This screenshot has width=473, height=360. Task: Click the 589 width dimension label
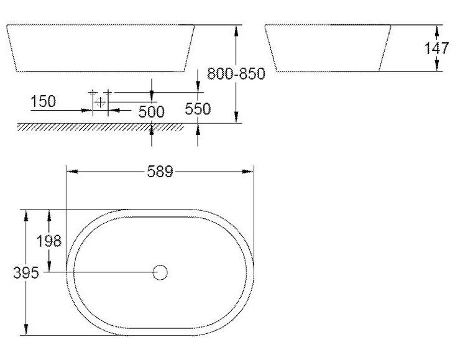coord(160,172)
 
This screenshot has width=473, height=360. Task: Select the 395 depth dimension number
coord(27,272)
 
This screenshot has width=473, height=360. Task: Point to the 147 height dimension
coord(437,48)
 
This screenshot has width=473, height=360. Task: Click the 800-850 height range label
coord(236,74)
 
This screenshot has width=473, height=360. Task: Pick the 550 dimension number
coord(198,109)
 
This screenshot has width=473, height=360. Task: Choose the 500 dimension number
coord(152,112)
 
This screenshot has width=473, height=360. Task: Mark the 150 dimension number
coord(43,101)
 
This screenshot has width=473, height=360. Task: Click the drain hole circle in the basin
coord(160,272)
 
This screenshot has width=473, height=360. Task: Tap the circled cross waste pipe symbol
coord(101,102)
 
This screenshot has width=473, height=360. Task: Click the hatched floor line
coord(99,127)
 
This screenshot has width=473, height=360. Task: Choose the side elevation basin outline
coord(328,48)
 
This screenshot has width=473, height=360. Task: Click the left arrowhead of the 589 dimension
coord(70,172)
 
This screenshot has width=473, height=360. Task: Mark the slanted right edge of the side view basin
coord(385,48)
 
